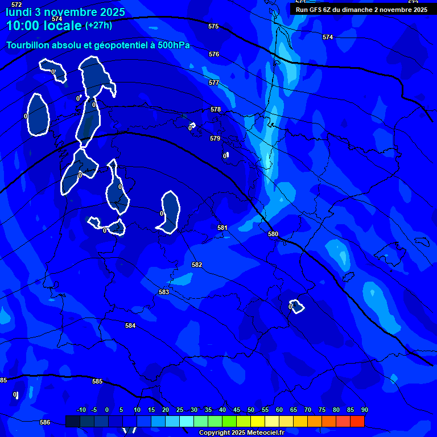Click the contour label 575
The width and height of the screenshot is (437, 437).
coord(213,27)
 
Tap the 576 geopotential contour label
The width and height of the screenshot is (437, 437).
coord(214,55)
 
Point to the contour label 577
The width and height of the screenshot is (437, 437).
coord(214,83)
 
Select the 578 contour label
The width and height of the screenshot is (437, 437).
coord(216,110)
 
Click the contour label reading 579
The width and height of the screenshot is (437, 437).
coord(215,139)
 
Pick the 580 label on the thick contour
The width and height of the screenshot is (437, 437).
coord(273,234)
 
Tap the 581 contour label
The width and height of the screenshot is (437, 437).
coord(222,228)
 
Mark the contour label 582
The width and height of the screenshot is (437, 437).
coord(197,265)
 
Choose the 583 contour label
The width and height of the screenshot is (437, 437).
coord(164,292)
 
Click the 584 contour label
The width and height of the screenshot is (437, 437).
coord(130,326)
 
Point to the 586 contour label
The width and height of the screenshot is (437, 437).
coord(45,423)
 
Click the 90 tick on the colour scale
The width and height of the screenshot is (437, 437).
coord(364,410)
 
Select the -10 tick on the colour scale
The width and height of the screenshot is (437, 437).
coord(81,410)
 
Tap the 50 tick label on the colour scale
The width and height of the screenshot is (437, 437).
coord(251,410)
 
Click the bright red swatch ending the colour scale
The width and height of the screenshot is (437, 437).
coord(357,421)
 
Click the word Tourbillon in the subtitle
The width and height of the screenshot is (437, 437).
coord(28,46)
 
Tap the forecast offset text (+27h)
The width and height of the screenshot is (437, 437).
coord(98,26)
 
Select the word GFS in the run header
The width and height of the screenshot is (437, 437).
coord(318,10)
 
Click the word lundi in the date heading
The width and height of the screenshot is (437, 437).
coord(19,11)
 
